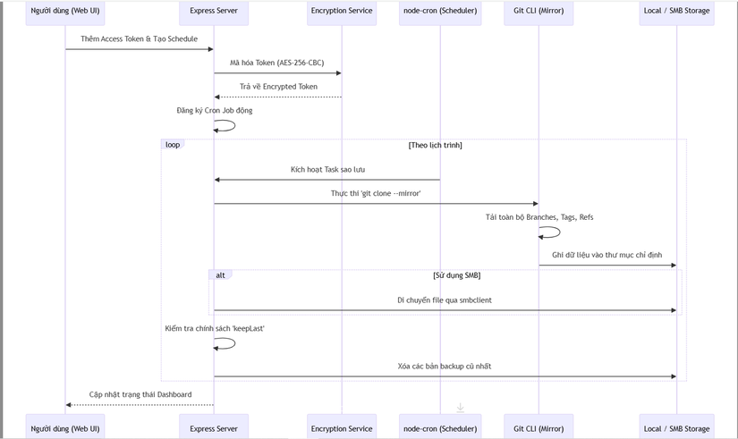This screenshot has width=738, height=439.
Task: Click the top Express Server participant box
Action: click(x=214, y=12)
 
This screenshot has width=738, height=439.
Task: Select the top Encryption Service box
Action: click(x=342, y=12)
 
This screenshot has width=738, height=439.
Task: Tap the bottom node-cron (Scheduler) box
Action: click(x=440, y=428)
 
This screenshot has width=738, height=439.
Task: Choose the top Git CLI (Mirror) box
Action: click(x=539, y=12)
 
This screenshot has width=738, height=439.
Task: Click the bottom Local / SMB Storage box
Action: click(x=676, y=428)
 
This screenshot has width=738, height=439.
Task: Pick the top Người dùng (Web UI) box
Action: click(x=65, y=12)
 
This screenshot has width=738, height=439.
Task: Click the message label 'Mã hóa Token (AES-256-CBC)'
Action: click(x=277, y=63)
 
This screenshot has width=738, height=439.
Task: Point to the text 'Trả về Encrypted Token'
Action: click(x=278, y=87)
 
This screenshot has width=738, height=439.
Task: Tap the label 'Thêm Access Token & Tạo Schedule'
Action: click(x=139, y=39)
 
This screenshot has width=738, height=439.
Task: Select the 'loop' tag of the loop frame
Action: click(x=173, y=145)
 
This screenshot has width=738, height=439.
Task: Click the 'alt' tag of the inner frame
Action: click(x=221, y=275)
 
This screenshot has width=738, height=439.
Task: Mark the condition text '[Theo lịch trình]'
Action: click(x=435, y=145)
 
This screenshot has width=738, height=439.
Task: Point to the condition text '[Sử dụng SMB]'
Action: click(x=456, y=275)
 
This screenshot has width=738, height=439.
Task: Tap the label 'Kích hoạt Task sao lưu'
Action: click(x=327, y=169)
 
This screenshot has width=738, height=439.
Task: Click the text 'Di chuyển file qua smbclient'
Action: click(x=445, y=300)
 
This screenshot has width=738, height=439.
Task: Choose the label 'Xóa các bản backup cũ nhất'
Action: click(x=445, y=366)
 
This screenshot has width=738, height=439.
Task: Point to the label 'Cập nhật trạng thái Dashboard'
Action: click(x=140, y=394)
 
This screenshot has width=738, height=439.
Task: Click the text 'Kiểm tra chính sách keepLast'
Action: click(x=215, y=328)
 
